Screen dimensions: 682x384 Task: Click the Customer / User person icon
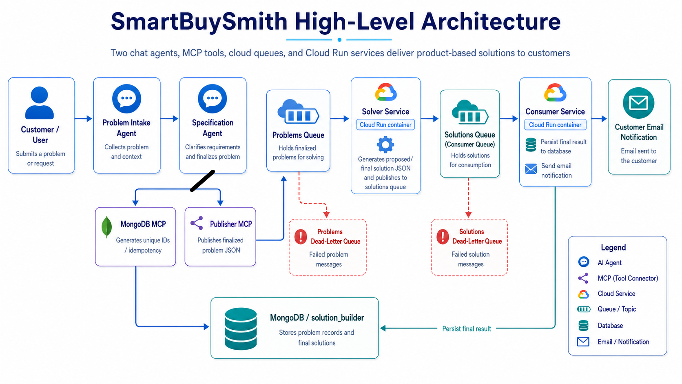pyautogui.click(x=39, y=103)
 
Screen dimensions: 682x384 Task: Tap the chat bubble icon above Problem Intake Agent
pyautogui.click(x=126, y=99)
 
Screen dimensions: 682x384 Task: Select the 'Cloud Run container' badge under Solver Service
pyautogui.click(x=385, y=124)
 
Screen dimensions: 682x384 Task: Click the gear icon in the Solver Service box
pyautogui.click(x=385, y=144)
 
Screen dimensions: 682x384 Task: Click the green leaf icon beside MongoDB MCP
pyautogui.click(x=106, y=227)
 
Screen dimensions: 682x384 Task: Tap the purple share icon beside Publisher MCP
pyautogui.click(x=197, y=223)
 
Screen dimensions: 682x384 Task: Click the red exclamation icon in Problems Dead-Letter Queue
pyautogui.click(x=301, y=237)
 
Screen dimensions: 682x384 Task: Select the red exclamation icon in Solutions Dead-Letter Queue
pyautogui.click(x=443, y=237)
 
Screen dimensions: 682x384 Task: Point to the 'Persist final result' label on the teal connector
pyautogui.click(x=467, y=329)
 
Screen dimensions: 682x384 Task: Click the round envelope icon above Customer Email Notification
pyautogui.click(x=638, y=102)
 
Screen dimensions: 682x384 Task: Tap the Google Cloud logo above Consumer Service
pyautogui.click(x=555, y=92)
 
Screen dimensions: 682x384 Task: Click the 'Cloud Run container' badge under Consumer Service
pyautogui.click(x=555, y=124)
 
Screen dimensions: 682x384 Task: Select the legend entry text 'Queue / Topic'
pyautogui.click(x=617, y=309)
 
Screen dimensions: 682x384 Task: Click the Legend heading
pyautogui.click(x=613, y=247)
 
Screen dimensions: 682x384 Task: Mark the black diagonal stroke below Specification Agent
pyautogui.click(x=202, y=181)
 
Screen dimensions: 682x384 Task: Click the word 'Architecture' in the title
pyautogui.click(x=491, y=21)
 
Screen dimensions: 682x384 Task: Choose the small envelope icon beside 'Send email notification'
pyautogui.click(x=531, y=169)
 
